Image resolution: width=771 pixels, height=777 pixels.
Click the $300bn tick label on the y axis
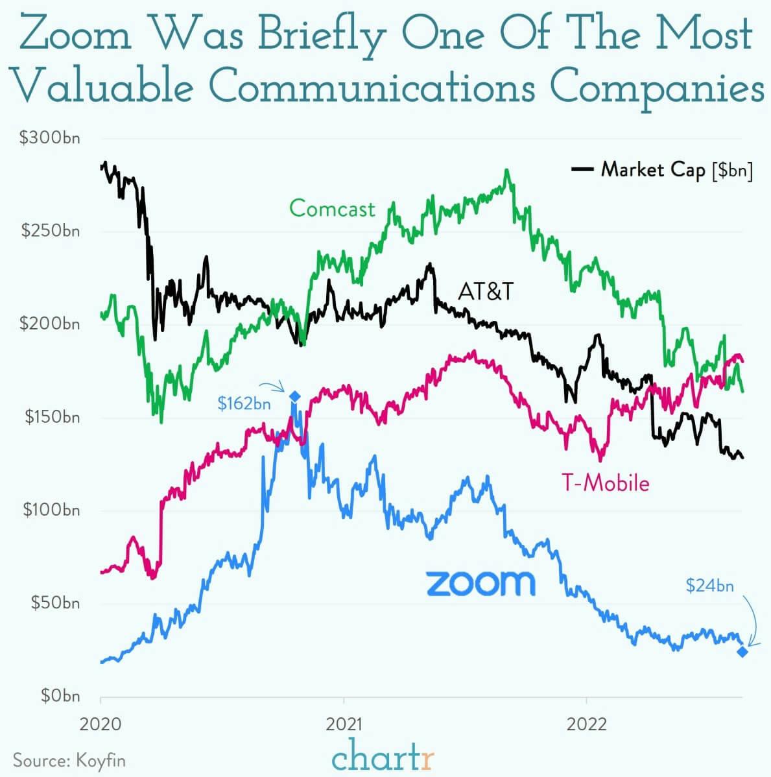click(50, 138)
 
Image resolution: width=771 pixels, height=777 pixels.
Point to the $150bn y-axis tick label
click(52, 417)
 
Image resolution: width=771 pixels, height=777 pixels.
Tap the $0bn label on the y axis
click(60, 696)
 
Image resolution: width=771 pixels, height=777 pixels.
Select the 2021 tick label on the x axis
click(344, 723)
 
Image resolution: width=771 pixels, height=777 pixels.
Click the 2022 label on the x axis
click(586, 723)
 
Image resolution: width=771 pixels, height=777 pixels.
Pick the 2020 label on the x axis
click(101, 723)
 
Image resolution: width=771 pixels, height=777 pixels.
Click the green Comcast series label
click(332, 208)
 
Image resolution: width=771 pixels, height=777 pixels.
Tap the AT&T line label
click(486, 291)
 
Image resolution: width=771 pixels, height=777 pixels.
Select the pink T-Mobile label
click(605, 483)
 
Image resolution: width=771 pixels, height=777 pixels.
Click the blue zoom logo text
click(480, 582)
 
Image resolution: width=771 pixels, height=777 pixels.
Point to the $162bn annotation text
click(244, 404)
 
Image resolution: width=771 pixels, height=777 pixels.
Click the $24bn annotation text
click(710, 586)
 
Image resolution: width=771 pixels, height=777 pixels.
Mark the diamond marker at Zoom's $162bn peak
click(294, 397)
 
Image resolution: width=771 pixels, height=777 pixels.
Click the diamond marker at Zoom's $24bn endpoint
click(742, 651)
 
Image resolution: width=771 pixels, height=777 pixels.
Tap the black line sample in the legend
click(582, 170)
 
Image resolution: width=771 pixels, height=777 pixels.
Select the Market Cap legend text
click(653, 170)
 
